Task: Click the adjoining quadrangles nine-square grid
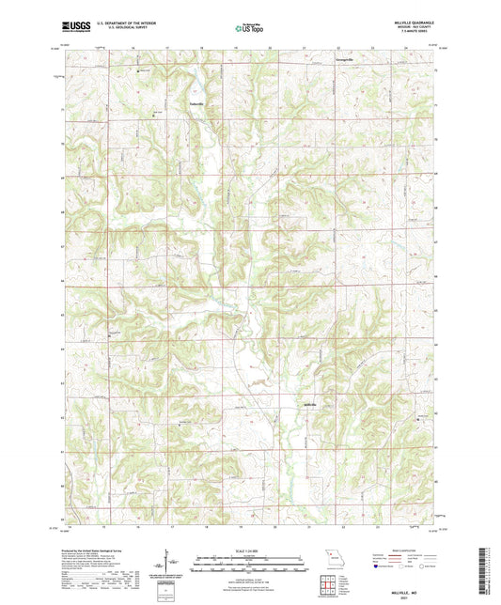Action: coord(329,579)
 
